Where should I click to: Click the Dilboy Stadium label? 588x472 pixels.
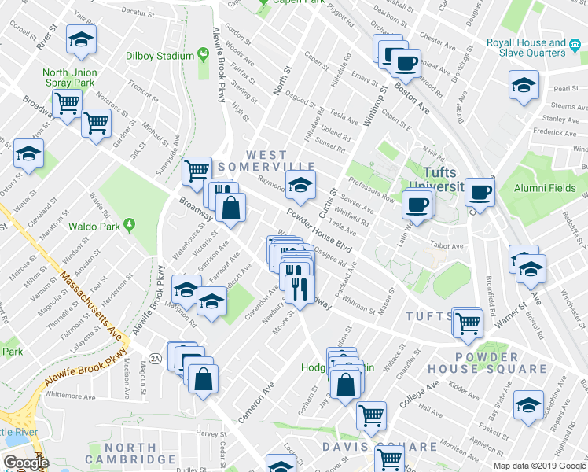click(160, 56)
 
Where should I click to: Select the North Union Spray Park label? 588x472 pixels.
click(69, 77)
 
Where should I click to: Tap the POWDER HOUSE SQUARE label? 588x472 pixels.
click(487, 362)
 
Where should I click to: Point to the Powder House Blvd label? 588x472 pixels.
click(318, 228)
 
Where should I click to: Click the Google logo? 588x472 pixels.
click(25, 463)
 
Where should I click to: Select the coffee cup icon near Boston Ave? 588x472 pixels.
click(406, 62)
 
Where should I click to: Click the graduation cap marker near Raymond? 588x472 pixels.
click(299, 186)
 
